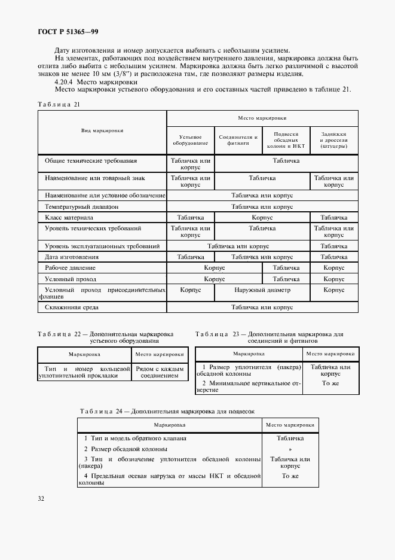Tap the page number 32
click(41, 498)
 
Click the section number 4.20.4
click(65, 82)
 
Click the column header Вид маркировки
click(102, 130)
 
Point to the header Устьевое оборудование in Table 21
click(191, 140)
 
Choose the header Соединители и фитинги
click(238, 140)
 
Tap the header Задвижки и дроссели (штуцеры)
click(334, 140)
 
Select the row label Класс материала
click(69, 218)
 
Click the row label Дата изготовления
click(72, 257)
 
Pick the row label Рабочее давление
click(71, 268)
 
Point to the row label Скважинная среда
click(72, 308)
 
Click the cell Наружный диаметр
click(262, 290)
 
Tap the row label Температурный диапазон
click(82, 206)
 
